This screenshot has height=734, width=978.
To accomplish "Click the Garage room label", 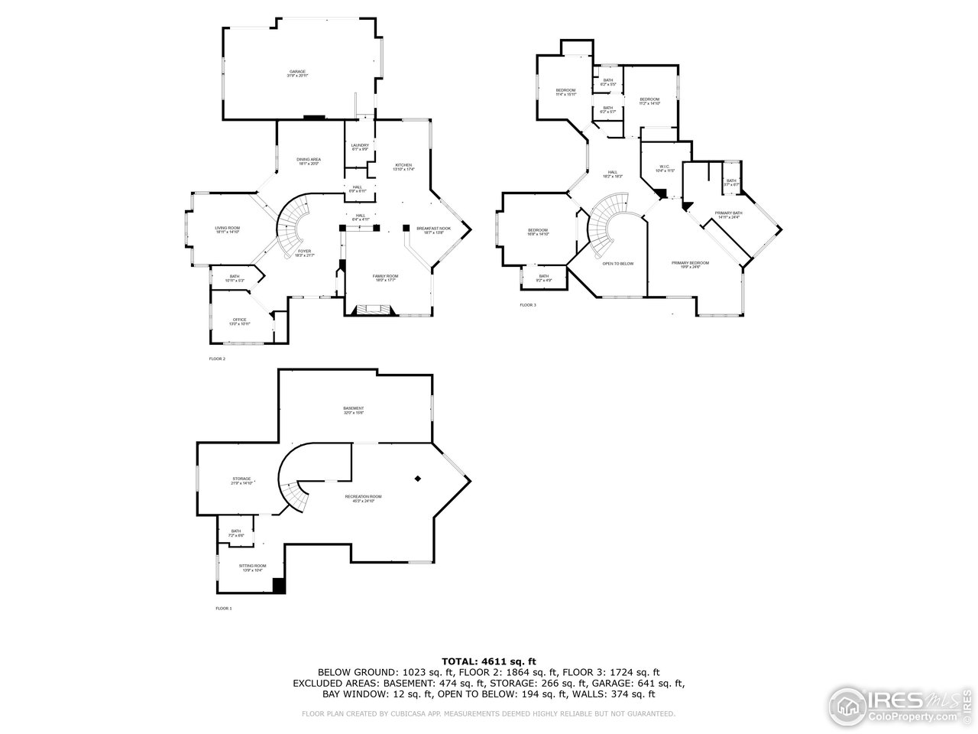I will pos(297,72).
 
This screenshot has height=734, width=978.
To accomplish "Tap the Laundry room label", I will pos(360,145).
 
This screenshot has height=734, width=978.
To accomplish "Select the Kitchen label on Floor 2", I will pos(403,165).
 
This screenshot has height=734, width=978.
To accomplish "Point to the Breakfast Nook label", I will pos(433,229).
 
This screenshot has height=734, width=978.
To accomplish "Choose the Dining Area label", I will pos(308,160).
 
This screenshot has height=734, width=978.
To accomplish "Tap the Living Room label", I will pos(227,228).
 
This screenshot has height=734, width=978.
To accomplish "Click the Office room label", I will pos(240,320).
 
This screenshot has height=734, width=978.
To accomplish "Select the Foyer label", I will pos(304,252).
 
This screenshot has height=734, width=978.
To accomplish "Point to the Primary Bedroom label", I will pos(690,263).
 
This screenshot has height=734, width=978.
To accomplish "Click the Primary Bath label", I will pos(728,213).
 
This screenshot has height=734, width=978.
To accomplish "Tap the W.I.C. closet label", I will pos(664,167).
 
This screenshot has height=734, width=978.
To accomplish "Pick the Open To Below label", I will pos(617,263).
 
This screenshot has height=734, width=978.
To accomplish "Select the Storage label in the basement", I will pos(241,479).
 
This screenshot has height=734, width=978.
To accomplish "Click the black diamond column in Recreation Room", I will pos(418,479).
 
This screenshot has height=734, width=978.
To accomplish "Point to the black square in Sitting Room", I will pos(279,586).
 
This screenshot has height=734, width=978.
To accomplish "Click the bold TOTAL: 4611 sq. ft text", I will pos(489,661).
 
